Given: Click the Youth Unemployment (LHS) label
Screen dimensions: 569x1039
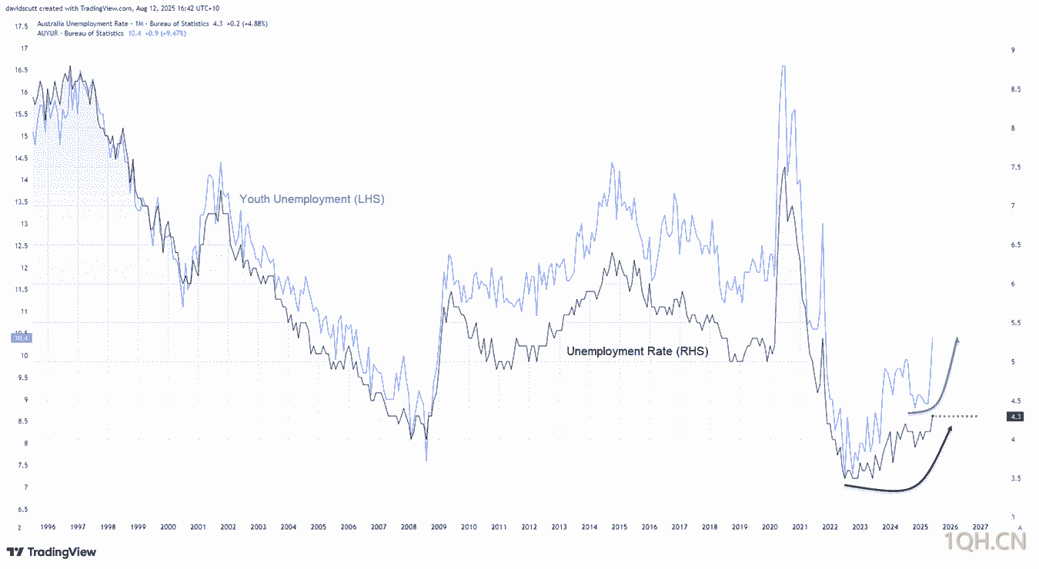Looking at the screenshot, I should point(312,199).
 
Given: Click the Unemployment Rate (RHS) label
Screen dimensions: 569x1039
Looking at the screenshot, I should point(637,351).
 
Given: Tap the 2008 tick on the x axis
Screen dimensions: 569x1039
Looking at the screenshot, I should point(408,527).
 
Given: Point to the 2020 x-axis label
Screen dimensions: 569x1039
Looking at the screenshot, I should point(770,527).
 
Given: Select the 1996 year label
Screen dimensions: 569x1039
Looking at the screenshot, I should point(47,527).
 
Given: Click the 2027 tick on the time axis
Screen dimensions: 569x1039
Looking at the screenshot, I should point(980,527).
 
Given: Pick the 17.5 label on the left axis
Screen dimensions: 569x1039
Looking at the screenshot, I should point(22,26).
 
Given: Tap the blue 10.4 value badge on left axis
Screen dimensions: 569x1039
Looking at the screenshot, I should point(21,338).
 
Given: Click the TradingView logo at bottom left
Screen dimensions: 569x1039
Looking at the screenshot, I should point(52,552).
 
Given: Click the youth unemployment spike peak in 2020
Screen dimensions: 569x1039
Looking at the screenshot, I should point(783,67).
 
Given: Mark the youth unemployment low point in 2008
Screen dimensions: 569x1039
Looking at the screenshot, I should point(426,460).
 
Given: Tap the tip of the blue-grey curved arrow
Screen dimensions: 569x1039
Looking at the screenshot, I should point(957,338).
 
